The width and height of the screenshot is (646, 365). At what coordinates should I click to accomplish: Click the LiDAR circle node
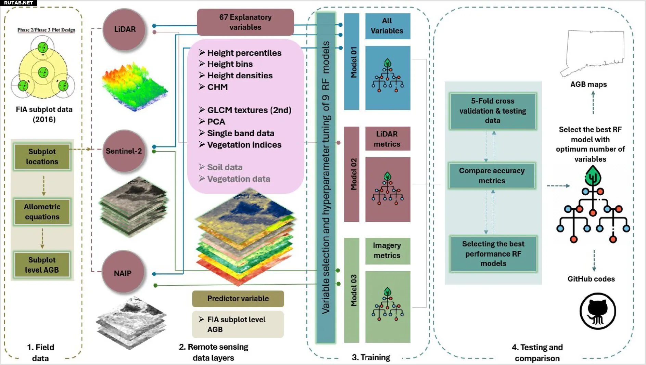click(124, 29)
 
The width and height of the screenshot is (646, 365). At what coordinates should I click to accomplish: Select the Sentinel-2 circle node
click(124, 151)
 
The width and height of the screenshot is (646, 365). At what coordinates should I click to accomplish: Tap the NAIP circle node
click(123, 273)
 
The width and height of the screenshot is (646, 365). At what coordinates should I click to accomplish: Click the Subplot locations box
click(42, 157)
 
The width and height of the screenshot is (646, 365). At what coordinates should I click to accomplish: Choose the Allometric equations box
click(42, 212)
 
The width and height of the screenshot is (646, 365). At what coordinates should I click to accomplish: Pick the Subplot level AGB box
click(42, 265)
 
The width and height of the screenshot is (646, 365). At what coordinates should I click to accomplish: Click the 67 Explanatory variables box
click(245, 22)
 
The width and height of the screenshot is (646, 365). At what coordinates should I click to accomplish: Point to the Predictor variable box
click(238, 299)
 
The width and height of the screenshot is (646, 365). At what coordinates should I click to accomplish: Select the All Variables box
click(388, 26)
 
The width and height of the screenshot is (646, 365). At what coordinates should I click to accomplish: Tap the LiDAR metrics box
click(388, 139)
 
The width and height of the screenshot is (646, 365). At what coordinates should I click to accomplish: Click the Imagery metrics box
click(388, 251)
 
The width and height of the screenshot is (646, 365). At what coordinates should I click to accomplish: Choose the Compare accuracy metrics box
click(492, 175)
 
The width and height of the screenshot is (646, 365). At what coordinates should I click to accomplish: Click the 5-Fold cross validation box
click(493, 111)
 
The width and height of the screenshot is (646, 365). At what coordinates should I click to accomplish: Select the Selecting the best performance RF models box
click(493, 253)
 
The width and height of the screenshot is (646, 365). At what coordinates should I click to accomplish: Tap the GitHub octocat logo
click(598, 311)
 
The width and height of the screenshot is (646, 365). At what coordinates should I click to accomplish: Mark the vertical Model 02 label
click(353, 174)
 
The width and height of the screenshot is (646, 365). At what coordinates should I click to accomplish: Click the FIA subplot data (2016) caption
click(44, 114)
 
